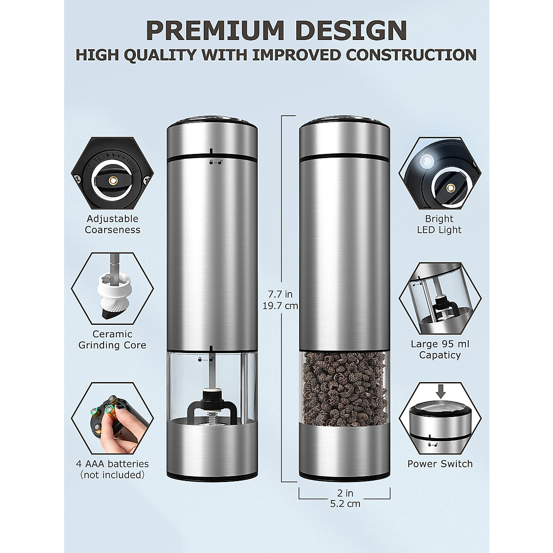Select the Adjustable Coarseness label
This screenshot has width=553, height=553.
(x=112, y=224)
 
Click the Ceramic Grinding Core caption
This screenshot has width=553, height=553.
(x=112, y=339)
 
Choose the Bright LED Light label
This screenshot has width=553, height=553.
(x=439, y=224)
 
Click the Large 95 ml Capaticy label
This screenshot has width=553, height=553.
(x=440, y=349)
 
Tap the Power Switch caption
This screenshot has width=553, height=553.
(x=440, y=464)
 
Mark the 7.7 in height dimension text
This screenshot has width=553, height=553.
(x=281, y=294)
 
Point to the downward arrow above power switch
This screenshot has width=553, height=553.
(x=441, y=392)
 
